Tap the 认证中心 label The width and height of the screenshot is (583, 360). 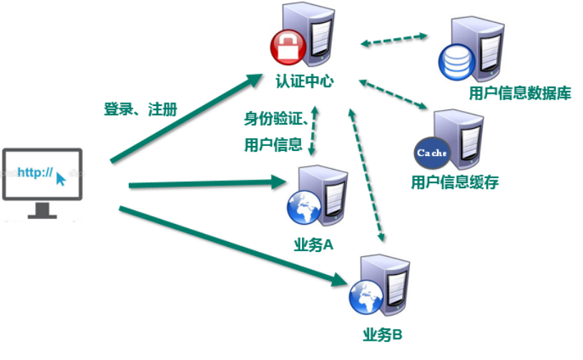coord(305,82)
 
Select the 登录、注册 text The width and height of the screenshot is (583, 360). coord(140,110)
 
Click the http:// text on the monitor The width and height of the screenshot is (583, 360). coord(35,172)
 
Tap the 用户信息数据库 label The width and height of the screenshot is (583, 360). coord(519,94)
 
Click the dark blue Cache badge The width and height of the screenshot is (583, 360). coord(431,152)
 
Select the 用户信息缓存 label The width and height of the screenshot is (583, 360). coord(454,183)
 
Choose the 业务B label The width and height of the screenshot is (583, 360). coord(383,334)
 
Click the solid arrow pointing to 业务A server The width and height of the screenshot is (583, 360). coord(207,185)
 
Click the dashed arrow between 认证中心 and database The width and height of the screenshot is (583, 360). coord(394,39)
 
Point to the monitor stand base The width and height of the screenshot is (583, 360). coord(42,213)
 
